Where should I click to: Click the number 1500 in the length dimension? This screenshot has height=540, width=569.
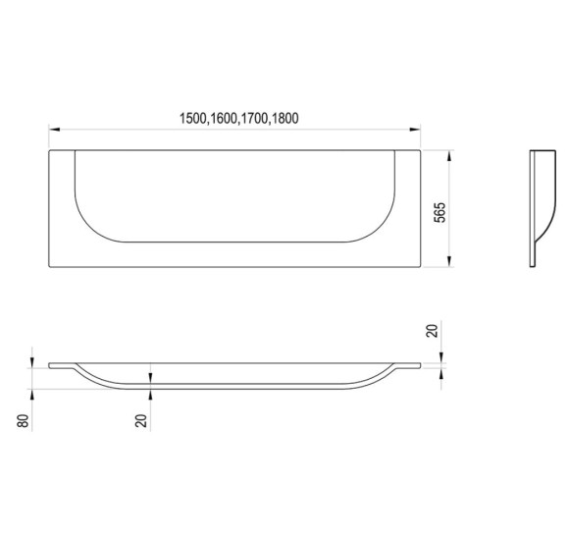(x=193, y=119)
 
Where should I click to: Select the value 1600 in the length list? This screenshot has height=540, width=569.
(x=223, y=119)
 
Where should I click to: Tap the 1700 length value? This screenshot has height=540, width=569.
(x=254, y=119)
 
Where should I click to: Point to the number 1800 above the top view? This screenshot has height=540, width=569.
(x=284, y=119)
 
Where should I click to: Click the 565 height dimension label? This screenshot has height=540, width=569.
(x=440, y=212)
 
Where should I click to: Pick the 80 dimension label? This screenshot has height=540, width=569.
(x=23, y=421)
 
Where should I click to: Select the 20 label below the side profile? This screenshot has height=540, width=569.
(x=141, y=421)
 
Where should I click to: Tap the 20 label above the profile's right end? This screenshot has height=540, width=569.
(x=433, y=331)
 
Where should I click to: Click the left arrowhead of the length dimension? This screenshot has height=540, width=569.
(x=54, y=130)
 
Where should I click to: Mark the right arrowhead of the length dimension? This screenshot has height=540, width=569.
(x=415, y=130)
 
